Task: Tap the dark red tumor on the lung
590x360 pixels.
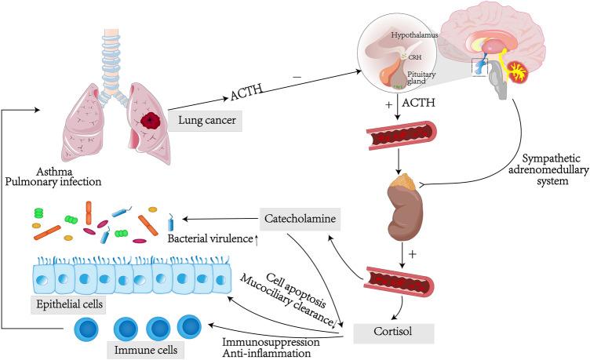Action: pyautogui.click(x=150, y=120)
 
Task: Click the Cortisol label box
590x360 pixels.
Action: pyautogui.click(x=392, y=332)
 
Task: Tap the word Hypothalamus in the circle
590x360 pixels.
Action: pyautogui.click(x=415, y=37)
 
